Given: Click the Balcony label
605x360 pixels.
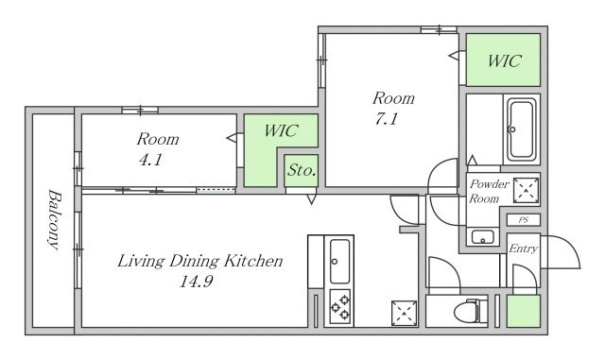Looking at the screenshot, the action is pyautogui.click(x=54, y=219).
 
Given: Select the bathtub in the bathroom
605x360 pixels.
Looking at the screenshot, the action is pyautogui.click(x=522, y=129).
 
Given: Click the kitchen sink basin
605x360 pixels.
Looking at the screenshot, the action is pyautogui.click(x=339, y=261).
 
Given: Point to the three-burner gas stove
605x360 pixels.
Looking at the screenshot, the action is pyautogui.click(x=340, y=307).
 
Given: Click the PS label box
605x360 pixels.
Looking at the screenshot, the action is pyautogui.click(x=523, y=220).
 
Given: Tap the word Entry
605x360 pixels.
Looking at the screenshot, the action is pyautogui.click(x=523, y=249).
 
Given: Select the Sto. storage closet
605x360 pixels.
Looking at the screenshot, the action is pyautogui.click(x=302, y=170).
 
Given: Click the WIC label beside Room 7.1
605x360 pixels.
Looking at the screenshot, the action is pyautogui.click(x=504, y=61).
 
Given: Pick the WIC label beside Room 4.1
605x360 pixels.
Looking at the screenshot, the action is pyautogui.click(x=281, y=130).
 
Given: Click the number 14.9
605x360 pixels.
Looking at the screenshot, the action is pyautogui.click(x=197, y=282).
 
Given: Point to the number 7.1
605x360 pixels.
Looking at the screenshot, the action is pyautogui.click(x=387, y=119).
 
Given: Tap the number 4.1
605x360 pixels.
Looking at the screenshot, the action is pyautogui.click(x=150, y=160).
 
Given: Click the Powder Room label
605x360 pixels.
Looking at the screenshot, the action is pyautogui.click(x=489, y=191).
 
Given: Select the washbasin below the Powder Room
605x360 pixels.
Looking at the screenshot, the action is pyautogui.click(x=483, y=237).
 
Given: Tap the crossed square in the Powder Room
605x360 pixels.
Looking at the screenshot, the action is pyautogui.click(x=526, y=190).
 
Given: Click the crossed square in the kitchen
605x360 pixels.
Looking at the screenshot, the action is pyautogui.click(x=404, y=314).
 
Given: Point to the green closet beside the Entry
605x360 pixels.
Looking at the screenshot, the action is pyautogui.click(x=523, y=311).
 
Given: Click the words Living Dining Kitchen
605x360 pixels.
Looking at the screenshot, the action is pyautogui.click(x=199, y=261).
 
